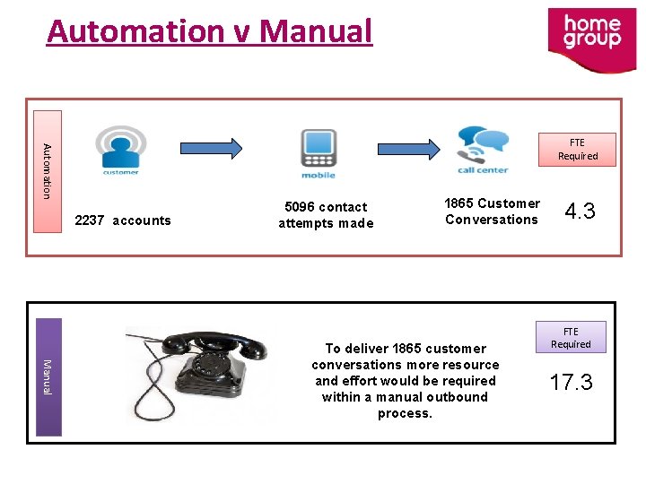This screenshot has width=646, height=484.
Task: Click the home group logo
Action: click(591, 39)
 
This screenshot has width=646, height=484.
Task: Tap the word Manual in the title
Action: click(314, 31)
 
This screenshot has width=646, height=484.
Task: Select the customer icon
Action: click(121, 150)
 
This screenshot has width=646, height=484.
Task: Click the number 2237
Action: click(90, 220)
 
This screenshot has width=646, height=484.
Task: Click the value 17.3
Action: click(572, 383)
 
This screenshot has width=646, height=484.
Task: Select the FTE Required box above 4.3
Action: click(577, 149)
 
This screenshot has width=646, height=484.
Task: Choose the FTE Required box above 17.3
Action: click(572, 337)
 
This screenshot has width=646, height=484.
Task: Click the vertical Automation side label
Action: click(48, 171)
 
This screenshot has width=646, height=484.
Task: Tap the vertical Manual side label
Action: click(48, 376)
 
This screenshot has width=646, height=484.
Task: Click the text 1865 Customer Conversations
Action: click(492, 212)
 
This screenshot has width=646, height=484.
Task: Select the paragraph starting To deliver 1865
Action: click(406, 381)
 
